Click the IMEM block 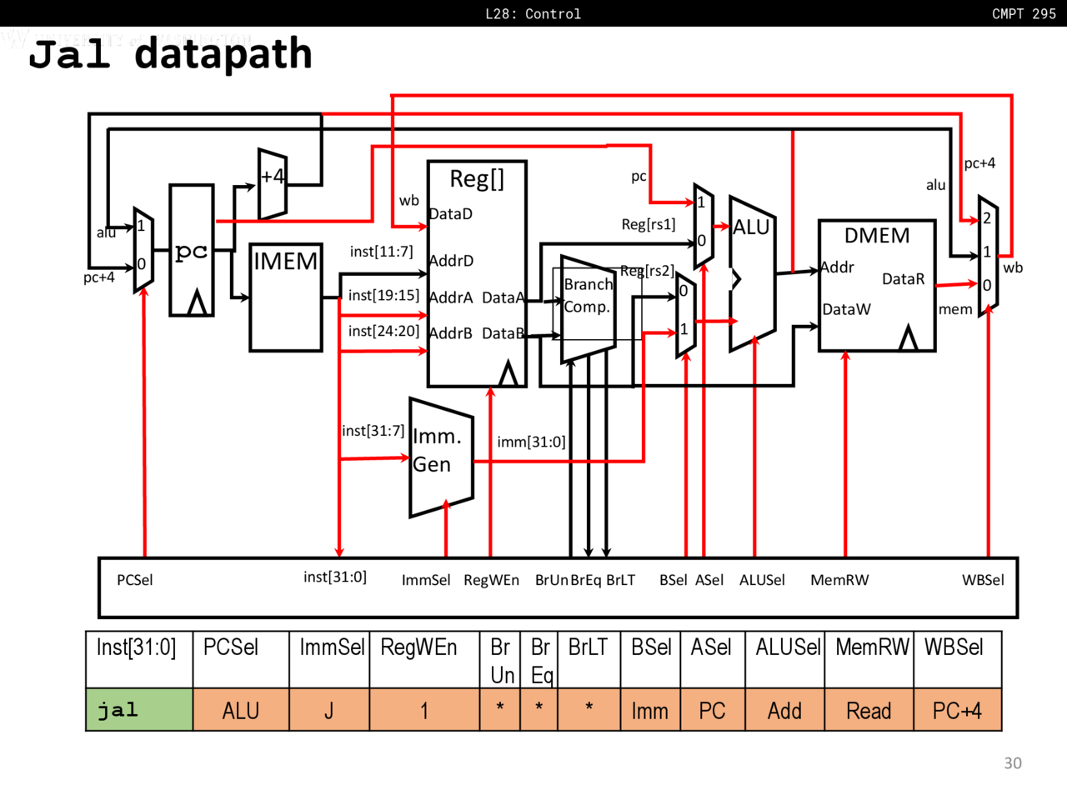286,297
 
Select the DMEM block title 877,236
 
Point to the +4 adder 273,183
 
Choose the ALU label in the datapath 751,227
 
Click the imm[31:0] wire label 531,442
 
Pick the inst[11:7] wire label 381,252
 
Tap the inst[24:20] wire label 383,331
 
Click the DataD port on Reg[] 451,214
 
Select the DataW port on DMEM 846,309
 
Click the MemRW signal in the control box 839,580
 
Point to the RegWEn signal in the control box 491,580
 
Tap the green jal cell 139,710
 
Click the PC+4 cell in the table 957,711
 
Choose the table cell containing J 329,711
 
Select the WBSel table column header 954,647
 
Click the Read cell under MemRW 869,711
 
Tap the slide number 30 1013,762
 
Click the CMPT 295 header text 1024,13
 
